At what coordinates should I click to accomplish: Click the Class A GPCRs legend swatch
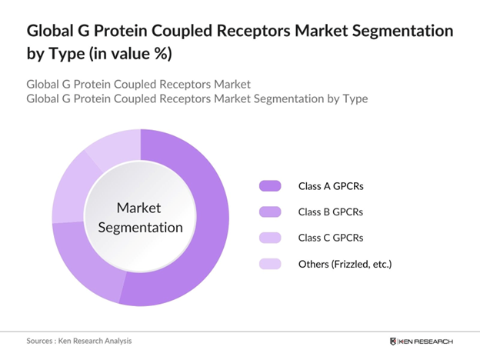coord(271,185)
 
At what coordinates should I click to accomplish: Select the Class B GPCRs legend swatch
coord(271,212)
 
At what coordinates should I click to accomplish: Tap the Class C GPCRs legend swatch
coord(271,238)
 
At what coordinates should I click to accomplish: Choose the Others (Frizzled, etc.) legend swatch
coord(271,264)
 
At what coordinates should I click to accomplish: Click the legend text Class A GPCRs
coord(331,185)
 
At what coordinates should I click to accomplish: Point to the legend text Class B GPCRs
coord(331,212)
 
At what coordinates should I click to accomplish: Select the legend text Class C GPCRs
coord(331,238)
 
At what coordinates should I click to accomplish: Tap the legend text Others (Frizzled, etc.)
coord(345,264)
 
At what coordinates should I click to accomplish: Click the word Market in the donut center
coord(140,208)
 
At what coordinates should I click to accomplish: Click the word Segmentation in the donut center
coord(140,228)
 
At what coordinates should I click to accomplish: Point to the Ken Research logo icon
coord(394,340)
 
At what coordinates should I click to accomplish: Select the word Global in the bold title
coord(52,32)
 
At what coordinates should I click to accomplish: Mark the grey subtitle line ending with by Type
coord(197,98)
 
